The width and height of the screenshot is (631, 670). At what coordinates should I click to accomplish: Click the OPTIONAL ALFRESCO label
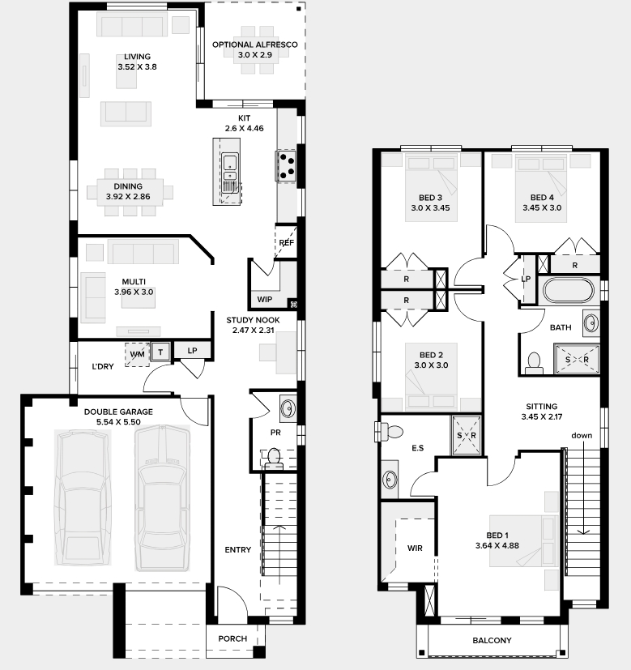(254, 45)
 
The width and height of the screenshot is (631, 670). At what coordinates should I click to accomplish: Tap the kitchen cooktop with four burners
(285, 166)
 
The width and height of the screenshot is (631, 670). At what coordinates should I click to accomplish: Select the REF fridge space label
(286, 242)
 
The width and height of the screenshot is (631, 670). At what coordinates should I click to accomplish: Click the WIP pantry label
(264, 299)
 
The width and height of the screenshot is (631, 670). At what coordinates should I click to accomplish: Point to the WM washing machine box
(137, 354)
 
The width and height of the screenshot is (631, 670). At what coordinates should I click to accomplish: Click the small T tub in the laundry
(160, 352)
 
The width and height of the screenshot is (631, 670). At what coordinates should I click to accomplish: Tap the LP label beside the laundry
(192, 350)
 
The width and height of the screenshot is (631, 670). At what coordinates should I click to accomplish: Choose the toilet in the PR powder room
(273, 457)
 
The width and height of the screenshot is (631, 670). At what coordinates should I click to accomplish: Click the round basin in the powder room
(288, 408)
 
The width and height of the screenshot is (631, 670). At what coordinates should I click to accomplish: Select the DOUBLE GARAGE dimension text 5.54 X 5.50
(118, 422)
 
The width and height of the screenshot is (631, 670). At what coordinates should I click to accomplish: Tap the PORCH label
(232, 638)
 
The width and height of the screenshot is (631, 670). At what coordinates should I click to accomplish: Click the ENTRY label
(238, 549)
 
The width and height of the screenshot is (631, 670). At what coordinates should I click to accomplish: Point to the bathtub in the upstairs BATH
(568, 291)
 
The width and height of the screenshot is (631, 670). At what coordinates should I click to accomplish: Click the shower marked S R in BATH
(577, 360)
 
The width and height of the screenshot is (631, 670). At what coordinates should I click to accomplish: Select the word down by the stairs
(582, 435)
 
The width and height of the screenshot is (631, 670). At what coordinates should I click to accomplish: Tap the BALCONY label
(492, 640)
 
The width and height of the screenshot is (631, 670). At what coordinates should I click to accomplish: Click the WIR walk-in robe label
(415, 548)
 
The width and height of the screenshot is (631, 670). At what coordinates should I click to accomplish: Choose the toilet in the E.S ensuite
(390, 432)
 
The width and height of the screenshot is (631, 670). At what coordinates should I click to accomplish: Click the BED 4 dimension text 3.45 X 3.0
(542, 207)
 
